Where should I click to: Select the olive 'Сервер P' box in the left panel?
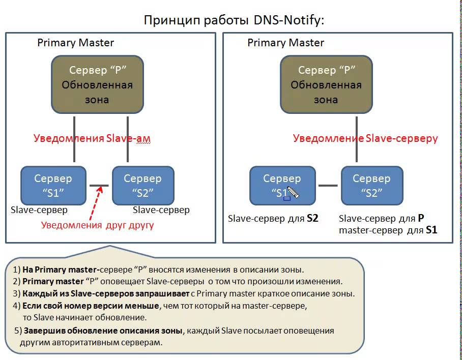tap(97, 84)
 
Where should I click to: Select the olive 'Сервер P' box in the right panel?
tap(326, 84)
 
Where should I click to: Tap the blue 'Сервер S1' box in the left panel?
tap(53, 185)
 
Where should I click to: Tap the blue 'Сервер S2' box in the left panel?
tap(142, 185)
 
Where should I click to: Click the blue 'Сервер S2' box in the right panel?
tap(371, 185)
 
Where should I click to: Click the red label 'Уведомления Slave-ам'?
tap(92, 138)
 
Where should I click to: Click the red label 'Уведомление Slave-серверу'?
tap(365, 138)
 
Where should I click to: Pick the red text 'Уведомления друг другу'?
tap(97, 224)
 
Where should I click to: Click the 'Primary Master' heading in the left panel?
tap(76, 43)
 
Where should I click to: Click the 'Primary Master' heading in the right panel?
tap(285, 43)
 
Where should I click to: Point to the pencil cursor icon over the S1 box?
tap(294, 193)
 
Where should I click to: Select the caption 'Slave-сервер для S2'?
tap(273, 219)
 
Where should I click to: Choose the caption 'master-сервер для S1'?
tap(388, 230)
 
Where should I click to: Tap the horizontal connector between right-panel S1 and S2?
tap(328, 185)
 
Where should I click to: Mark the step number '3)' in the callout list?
tap(16, 293)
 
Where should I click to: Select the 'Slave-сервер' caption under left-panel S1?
tap(39, 209)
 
